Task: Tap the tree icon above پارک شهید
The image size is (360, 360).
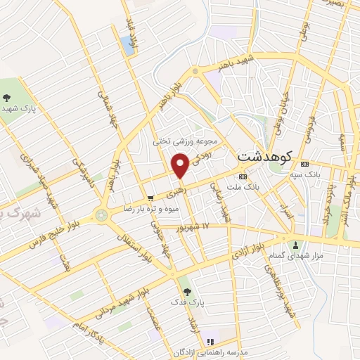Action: coord(6,98)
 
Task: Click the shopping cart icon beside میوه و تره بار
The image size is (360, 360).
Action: coord(150,198)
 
